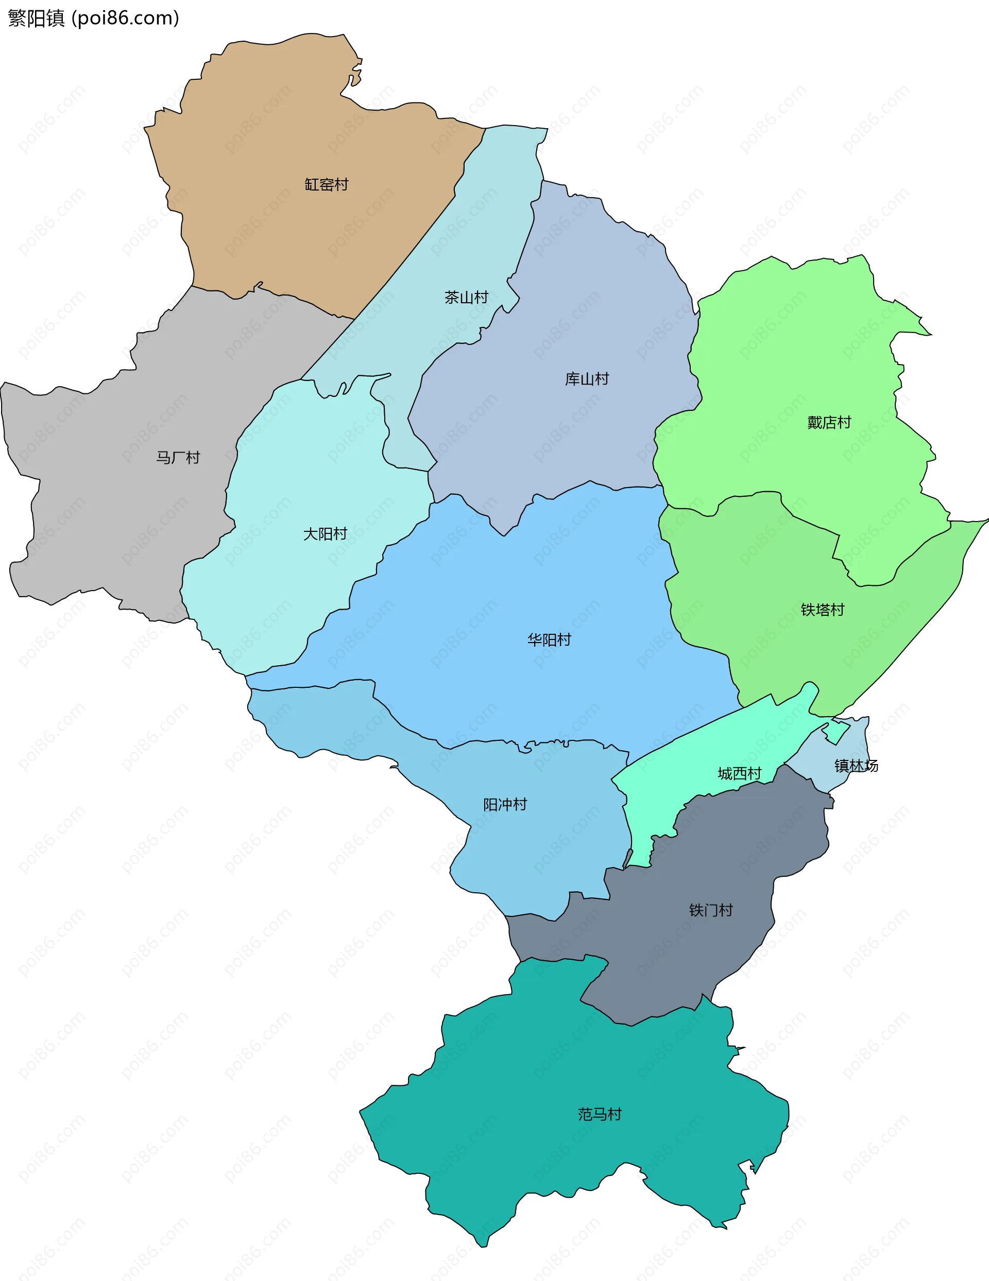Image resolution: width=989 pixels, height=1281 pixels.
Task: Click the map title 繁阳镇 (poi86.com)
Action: point(93,18)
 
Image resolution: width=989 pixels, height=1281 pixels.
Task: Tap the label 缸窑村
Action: point(327,185)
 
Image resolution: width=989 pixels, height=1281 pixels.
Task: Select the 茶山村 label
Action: point(466,298)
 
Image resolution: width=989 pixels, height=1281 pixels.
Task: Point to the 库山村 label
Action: point(587,379)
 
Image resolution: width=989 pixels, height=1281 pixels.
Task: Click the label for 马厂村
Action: point(178,458)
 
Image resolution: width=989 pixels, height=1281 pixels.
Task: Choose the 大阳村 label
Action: point(325,534)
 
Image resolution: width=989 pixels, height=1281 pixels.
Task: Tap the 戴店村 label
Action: point(829,422)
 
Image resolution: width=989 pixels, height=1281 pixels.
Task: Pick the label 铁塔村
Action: point(822,610)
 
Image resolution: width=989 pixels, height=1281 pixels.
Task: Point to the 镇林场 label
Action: point(856,766)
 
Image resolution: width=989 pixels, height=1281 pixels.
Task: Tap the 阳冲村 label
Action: point(505,804)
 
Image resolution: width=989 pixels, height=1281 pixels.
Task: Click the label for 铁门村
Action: point(711,910)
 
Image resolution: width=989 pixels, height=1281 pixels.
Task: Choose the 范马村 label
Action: point(599,1114)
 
